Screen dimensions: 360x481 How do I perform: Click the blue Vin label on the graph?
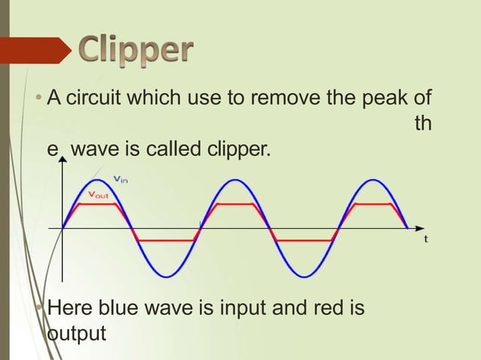coord(120,178)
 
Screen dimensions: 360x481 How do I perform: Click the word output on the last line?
coord(76,333)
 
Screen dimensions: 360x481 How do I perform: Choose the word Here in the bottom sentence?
coord(69,309)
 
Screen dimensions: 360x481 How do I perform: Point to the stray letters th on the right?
coord(424,124)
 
